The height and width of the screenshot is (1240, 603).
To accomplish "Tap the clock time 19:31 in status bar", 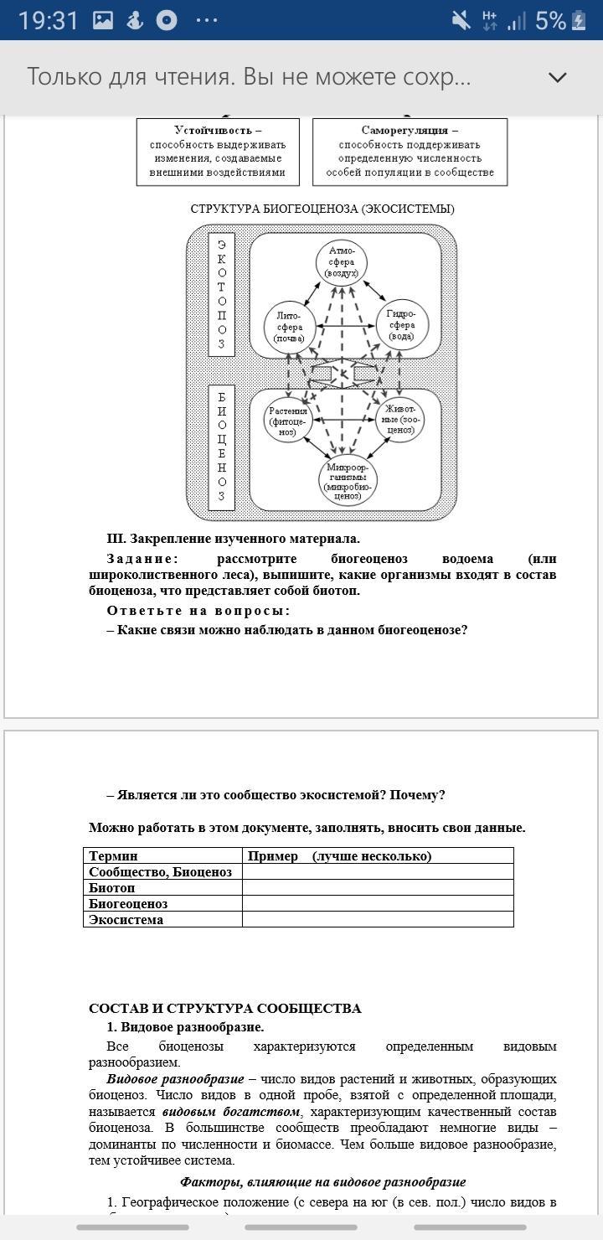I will [49, 21].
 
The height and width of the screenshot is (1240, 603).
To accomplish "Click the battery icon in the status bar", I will [578, 21].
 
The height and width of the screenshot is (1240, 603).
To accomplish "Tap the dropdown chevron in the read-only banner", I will [557, 77].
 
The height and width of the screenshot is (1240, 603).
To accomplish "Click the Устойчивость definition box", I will [218, 152].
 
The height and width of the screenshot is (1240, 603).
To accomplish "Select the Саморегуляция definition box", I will [410, 152].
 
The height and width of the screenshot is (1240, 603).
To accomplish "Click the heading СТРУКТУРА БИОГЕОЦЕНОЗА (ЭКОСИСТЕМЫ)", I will [322, 209].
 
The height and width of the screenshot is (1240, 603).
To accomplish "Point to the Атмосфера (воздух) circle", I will [342, 261].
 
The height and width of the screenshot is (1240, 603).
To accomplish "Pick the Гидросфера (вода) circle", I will [401, 325].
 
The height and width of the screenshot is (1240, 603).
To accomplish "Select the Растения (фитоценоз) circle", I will [288, 421].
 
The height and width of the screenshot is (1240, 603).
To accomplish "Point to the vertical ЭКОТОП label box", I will [221, 293].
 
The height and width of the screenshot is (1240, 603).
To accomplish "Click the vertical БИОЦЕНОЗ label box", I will [221, 447].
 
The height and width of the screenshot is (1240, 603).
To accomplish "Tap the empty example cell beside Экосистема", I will [377, 919].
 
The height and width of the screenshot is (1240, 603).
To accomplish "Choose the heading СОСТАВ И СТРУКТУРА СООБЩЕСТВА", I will [225, 1008].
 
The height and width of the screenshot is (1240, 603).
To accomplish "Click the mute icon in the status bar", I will [461, 21].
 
